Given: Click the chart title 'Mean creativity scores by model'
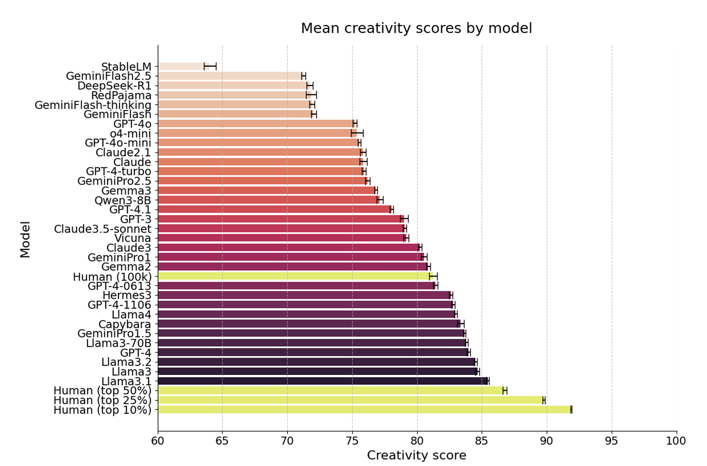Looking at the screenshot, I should [x=416, y=28].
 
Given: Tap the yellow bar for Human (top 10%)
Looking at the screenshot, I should [x=363, y=410].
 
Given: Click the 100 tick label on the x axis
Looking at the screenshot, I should [x=676, y=441].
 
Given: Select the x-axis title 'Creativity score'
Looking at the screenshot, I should [x=416, y=456].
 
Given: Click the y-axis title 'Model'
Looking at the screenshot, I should [x=25, y=239].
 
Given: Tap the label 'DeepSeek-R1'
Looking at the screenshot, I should [x=114, y=86].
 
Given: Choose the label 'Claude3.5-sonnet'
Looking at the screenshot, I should [x=102, y=229].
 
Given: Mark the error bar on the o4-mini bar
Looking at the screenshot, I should [x=357, y=133].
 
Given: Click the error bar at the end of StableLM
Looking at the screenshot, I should [x=210, y=67].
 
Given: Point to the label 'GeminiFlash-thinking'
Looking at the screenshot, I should [x=93, y=105].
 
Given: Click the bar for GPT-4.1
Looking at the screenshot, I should [x=274, y=209].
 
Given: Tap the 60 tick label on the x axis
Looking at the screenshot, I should [x=158, y=441].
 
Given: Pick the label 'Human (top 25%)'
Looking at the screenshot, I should [x=102, y=400].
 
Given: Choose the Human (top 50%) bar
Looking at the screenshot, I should [x=330, y=391].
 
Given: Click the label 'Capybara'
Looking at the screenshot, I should [x=125, y=324].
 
